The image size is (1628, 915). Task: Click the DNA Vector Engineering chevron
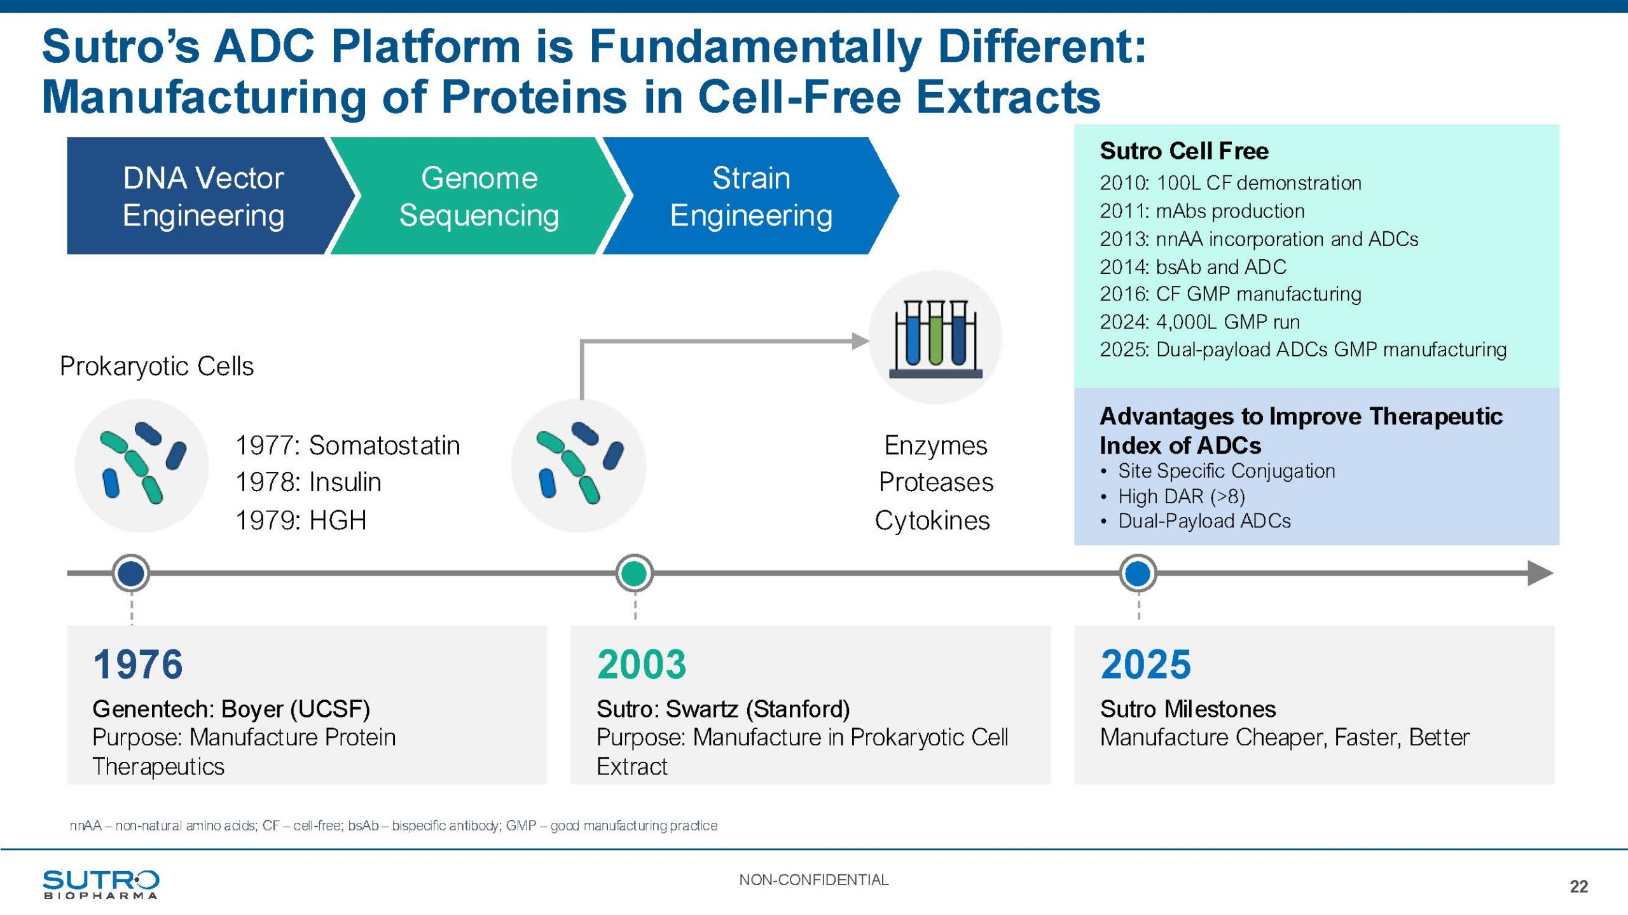(203, 196)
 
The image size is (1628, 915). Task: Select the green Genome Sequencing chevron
(478, 196)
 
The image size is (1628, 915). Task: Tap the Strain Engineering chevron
(750, 196)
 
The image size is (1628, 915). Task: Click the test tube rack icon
(935, 338)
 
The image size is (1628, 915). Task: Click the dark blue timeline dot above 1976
(131, 573)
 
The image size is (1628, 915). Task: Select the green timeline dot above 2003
(634, 573)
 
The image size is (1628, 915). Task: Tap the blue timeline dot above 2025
(1138, 573)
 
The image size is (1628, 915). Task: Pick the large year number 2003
(642, 665)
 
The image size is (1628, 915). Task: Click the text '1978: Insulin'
(308, 482)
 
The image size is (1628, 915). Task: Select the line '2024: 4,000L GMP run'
(1199, 322)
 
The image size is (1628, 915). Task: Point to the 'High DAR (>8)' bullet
(1181, 496)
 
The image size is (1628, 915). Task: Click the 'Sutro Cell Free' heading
(1183, 151)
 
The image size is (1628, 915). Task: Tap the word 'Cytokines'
(932, 520)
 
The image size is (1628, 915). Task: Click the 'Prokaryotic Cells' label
(156, 366)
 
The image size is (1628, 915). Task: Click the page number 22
(1578, 886)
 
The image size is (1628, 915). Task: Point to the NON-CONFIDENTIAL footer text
(813, 880)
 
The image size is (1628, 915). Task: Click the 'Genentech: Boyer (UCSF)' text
(231, 708)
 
